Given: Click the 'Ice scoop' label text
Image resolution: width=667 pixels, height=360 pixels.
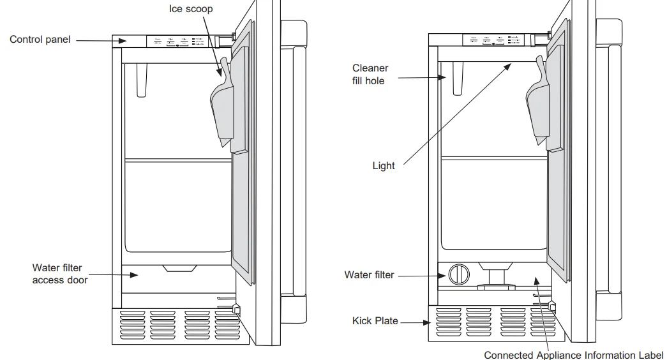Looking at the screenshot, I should point(191,9).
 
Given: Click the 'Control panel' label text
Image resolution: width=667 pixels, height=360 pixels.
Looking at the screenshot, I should point(40,40).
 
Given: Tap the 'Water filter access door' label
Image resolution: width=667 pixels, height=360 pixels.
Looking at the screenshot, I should point(60,274).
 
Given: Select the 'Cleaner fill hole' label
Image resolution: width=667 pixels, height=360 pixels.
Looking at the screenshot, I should point(370,74).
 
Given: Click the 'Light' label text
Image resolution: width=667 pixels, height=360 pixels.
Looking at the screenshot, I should point(384,166).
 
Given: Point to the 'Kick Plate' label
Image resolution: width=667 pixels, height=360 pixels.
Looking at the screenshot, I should point(375,321).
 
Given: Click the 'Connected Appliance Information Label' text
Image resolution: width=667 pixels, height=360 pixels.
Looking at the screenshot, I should point(573,355).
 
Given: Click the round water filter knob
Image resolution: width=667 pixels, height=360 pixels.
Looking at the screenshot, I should point(458,274).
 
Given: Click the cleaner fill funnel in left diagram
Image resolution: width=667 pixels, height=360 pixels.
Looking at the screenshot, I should point(141,80).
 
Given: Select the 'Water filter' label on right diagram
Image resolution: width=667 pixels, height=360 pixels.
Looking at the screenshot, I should point(369,275).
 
